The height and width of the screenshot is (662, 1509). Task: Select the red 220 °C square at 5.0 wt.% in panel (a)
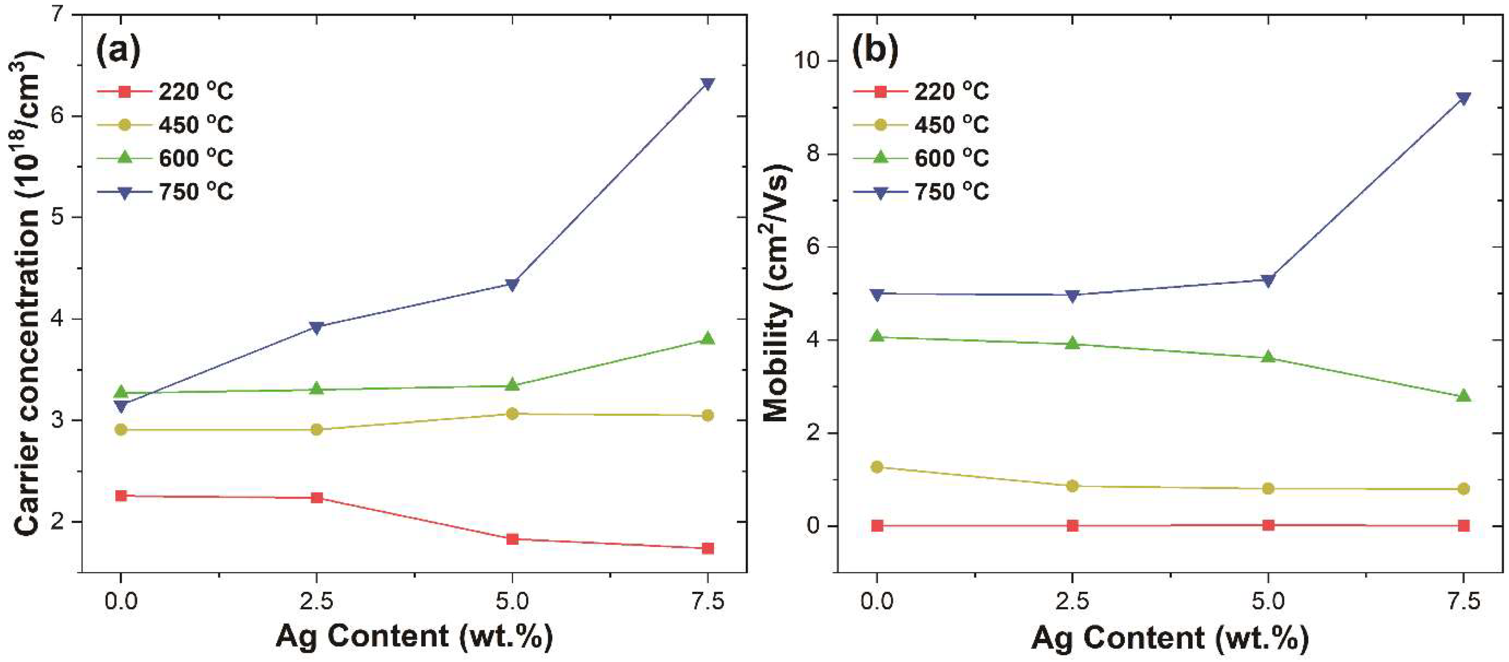[x=513, y=539]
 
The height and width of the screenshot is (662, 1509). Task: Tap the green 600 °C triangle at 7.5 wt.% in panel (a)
[x=708, y=339]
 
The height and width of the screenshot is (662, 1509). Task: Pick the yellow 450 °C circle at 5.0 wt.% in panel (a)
[x=513, y=414]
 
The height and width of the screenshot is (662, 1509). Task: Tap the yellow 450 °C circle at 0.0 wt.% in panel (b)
[x=877, y=467]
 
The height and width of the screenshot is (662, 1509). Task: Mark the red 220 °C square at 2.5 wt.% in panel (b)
[x=1072, y=525]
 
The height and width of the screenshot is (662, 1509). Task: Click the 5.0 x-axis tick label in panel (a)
[x=513, y=602]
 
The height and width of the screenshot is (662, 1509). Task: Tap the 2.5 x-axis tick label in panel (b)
[x=1072, y=602]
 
